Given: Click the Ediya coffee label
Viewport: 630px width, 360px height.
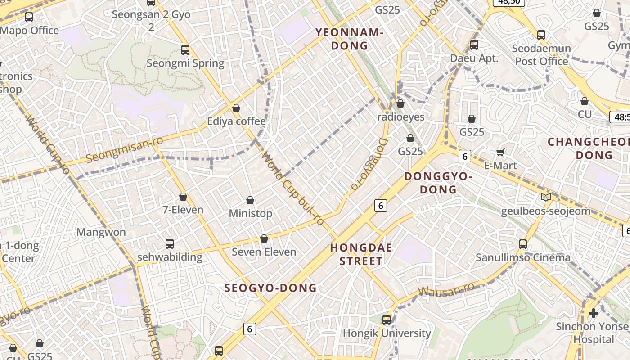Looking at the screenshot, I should [x=236, y=121].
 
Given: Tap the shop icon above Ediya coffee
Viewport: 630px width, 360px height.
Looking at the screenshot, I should [x=236, y=108].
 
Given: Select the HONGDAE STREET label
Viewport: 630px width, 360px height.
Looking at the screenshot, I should [x=361, y=254].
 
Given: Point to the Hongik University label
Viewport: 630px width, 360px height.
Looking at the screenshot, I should [x=387, y=333].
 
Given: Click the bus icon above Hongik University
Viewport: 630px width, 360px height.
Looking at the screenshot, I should [x=387, y=320].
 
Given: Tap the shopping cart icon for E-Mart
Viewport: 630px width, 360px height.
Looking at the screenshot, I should [x=500, y=153].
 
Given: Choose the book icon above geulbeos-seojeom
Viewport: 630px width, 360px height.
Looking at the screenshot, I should [x=545, y=197].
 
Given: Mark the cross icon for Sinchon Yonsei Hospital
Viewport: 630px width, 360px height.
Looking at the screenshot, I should [x=593, y=313].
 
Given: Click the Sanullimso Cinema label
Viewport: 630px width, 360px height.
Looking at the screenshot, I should [x=523, y=258].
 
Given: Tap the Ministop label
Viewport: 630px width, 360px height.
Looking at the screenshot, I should [x=251, y=213].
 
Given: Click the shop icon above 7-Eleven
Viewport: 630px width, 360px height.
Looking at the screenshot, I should [x=183, y=197].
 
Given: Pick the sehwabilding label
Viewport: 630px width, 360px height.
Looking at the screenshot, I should [x=170, y=257].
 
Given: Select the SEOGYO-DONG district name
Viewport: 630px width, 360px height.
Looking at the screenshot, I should [x=270, y=288].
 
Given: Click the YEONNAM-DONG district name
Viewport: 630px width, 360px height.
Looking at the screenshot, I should [x=349, y=39].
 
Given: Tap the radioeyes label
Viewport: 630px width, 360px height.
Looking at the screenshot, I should [x=400, y=117].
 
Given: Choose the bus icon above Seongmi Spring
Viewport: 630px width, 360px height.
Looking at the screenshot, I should [x=185, y=50].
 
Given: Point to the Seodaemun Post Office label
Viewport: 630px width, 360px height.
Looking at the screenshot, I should [x=541, y=54].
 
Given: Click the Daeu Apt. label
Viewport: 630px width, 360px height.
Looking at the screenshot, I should [x=474, y=58].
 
